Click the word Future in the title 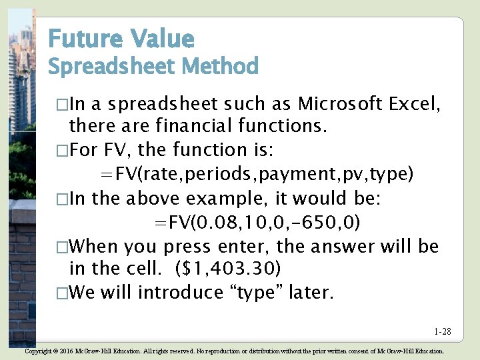tap(83, 39)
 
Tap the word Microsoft tap(339, 104)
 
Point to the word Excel tap(414, 104)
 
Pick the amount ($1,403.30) tap(229, 268)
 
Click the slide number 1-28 tap(443, 331)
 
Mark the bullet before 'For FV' tap(62, 151)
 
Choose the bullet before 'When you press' tap(62, 247)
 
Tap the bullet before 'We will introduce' tap(62, 293)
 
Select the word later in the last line tap(311, 292)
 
